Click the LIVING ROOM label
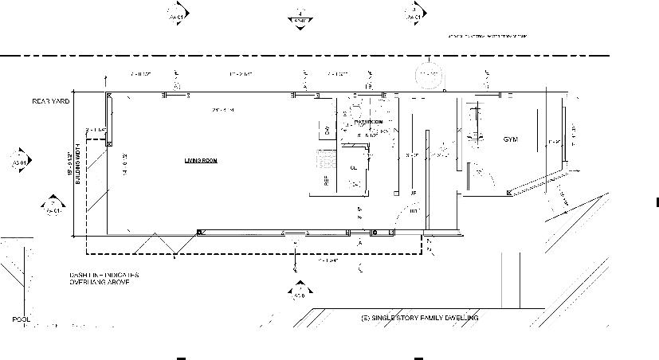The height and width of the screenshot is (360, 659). [201, 161]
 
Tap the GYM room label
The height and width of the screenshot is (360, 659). [510, 140]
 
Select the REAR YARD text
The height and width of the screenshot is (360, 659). [51, 102]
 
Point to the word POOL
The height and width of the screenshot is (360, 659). [22, 319]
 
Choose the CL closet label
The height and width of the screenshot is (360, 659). [353, 168]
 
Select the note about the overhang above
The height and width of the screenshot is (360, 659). [104, 279]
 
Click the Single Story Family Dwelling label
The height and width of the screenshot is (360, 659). [419, 319]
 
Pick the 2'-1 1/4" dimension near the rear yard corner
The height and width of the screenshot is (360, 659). [96, 129]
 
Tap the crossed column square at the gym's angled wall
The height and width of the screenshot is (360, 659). [508, 194]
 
